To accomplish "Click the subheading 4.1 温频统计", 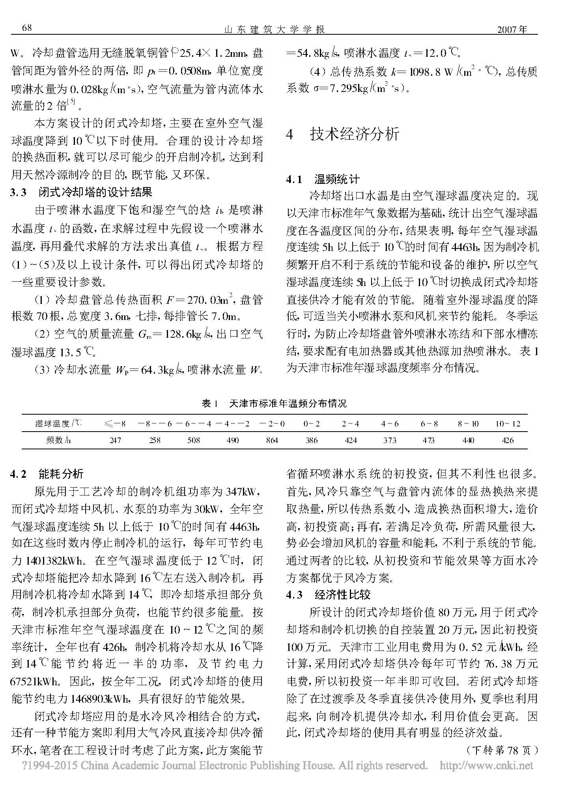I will coord(323,180).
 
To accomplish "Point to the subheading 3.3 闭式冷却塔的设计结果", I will coord(81,193).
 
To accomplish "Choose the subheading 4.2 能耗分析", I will coord(47,474).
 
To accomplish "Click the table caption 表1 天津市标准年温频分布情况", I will coord(274,404).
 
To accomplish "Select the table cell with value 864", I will coord(272,440).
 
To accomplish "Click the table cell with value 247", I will coord(115,440).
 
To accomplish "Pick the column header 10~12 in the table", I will coord(508,424).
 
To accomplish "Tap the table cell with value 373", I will coord(390,440).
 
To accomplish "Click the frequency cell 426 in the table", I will coord(508,440).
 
